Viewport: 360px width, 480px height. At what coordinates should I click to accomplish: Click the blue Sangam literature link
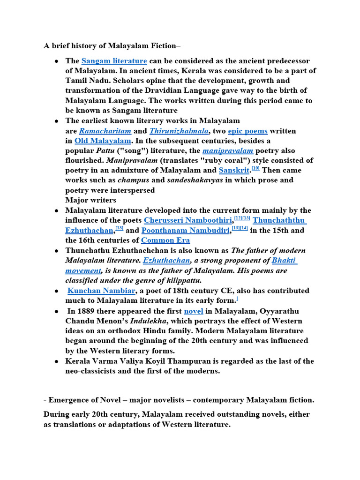(x=114, y=61)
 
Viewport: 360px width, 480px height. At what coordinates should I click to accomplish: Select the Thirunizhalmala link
(x=179, y=131)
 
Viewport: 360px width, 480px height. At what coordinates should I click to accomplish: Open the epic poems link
(x=247, y=131)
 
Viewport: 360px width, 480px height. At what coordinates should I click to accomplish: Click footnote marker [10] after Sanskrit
(x=255, y=168)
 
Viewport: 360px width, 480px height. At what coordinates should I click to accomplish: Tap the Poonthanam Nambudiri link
(x=186, y=230)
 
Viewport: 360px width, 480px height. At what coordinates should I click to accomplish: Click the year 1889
(x=88, y=311)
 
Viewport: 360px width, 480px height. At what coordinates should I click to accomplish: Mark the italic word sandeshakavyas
(x=195, y=180)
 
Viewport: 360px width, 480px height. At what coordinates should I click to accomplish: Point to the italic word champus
(x=131, y=180)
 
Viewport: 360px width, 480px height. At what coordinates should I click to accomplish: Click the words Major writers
(x=90, y=200)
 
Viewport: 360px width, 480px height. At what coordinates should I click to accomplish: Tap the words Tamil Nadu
(x=85, y=81)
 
